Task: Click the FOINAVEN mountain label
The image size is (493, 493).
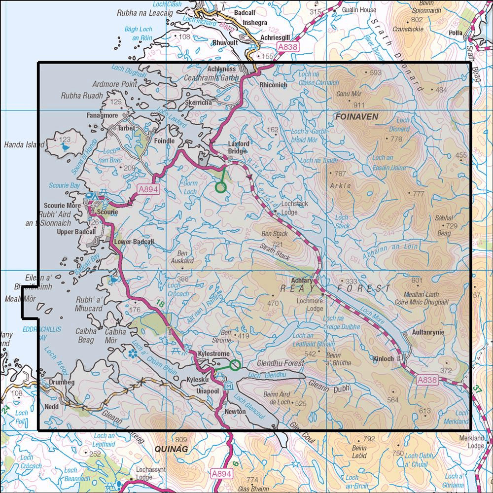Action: point(356,117)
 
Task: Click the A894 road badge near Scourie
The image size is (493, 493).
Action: point(147,189)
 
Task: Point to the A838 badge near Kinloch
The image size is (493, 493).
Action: point(427,380)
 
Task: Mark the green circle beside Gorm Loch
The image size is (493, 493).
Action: point(220,187)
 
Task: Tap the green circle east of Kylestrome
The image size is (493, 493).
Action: point(236,365)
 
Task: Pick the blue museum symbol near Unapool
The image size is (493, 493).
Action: point(228,386)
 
